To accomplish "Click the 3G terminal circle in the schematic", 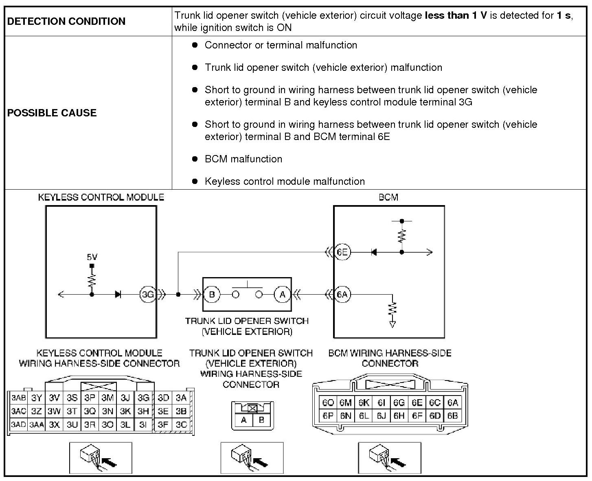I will (147, 294).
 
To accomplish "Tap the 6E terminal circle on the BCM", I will (342, 252).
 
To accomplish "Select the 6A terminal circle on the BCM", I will (342, 294).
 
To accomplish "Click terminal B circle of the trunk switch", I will (212, 294).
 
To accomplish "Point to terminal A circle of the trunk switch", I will (283, 294).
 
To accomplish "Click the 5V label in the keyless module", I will (92, 257).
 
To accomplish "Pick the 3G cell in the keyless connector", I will (143, 398).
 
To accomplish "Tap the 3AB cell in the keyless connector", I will (19, 398).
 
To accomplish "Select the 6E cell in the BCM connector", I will (417, 403).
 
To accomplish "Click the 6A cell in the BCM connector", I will (453, 403).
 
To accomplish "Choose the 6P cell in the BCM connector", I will (328, 415).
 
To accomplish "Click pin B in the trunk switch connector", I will (261, 420).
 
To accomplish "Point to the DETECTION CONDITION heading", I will (66, 22).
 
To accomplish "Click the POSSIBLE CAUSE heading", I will (52, 113).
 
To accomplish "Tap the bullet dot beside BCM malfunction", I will (195, 159).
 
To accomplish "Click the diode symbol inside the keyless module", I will (118, 294).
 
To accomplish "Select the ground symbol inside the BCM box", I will (392, 324).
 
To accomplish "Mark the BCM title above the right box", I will (388, 197).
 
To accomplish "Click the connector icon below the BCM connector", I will (389, 458).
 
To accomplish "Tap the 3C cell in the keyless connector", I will (181, 424).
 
